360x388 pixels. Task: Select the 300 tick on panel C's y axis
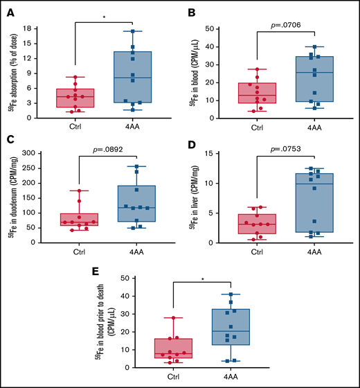point(46,156)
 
